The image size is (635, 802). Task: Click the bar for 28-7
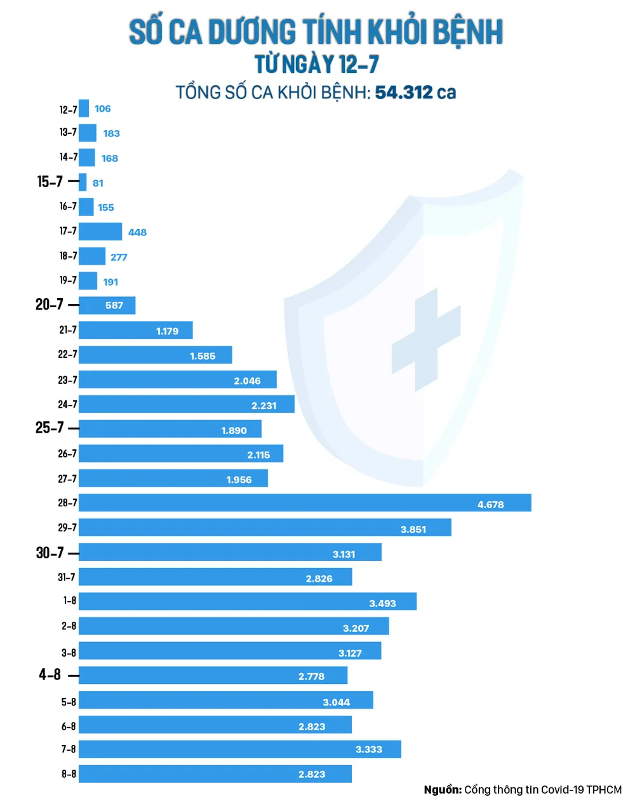point(305,503)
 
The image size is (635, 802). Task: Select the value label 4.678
point(490,505)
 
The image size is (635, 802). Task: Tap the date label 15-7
point(50,182)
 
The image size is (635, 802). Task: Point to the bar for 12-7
point(84,109)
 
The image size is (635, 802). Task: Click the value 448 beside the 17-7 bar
point(137,232)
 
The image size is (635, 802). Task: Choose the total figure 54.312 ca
point(415,93)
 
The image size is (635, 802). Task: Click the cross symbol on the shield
point(425,339)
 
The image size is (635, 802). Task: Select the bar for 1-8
point(248,601)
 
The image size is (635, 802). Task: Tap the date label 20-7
point(50,305)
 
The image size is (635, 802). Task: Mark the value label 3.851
point(413,530)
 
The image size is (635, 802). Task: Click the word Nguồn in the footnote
point(443,790)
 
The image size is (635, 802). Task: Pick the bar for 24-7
point(187,404)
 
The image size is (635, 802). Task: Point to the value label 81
point(98,183)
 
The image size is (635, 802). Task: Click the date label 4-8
point(50,675)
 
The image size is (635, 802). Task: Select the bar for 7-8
point(240,749)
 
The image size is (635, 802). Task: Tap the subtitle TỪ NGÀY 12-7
point(316,65)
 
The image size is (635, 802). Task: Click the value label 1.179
point(168,331)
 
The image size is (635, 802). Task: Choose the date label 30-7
point(50,553)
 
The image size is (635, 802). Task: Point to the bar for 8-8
point(215,774)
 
